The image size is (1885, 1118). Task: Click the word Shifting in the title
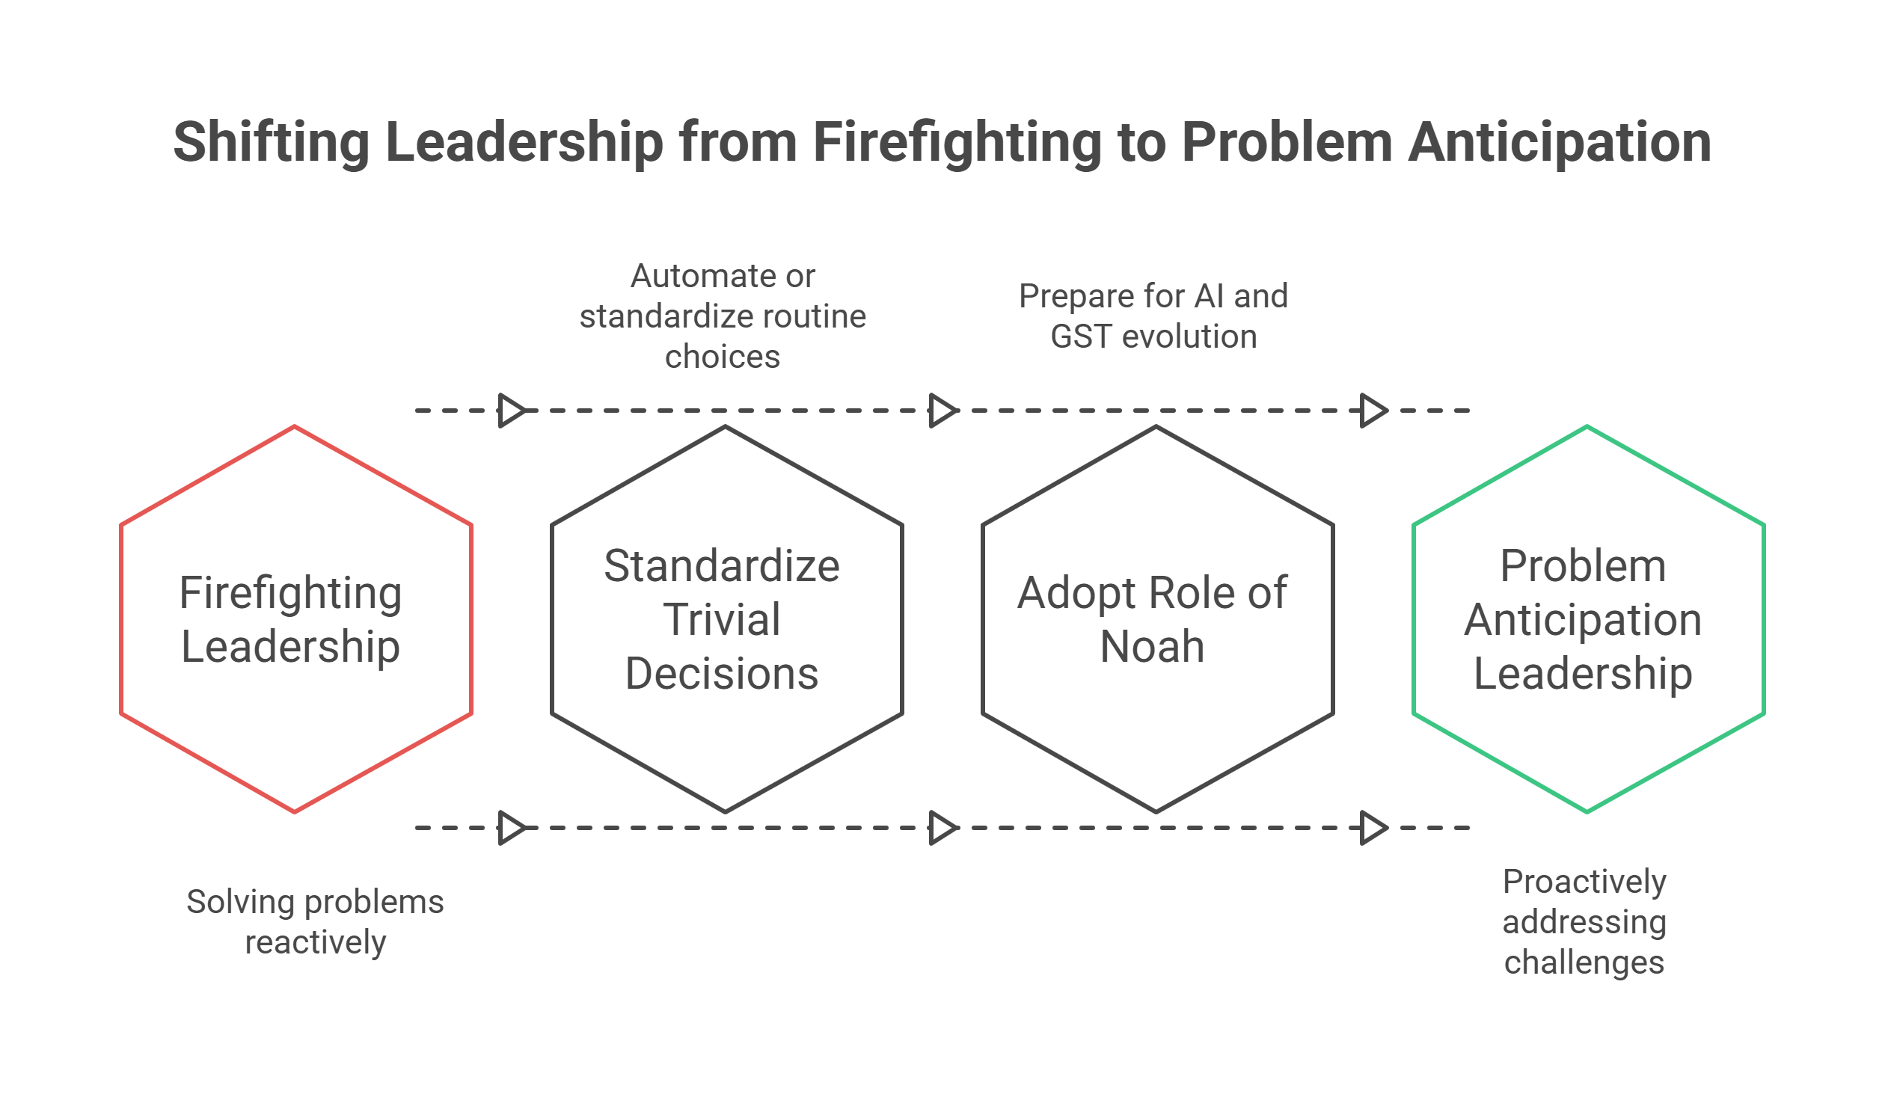pyautogui.click(x=272, y=143)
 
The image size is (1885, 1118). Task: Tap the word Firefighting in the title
pyautogui.click(x=957, y=143)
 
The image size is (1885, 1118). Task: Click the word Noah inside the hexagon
pyautogui.click(x=1152, y=647)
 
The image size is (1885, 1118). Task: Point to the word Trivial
pyautogui.click(x=722, y=620)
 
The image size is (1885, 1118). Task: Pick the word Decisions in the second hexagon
pyautogui.click(x=722, y=674)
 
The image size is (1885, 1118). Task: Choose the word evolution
pyautogui.click(x=1189, y=337)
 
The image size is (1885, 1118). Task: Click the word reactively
pyautogui.click(x=316, y=942)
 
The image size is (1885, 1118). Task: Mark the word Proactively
pyautogui.click(x=1584, y=882)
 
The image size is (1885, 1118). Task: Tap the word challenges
pyautogui.click(x=1584, y=962)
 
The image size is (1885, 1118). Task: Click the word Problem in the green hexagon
pyautogui.click(x=1583, y=567)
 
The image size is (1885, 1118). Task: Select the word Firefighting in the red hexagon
pyautogui.click(x=291, y=593)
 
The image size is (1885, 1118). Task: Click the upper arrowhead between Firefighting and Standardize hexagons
pyautogui.click(x=512, y=411)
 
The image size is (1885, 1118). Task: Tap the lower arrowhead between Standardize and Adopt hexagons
pyautogui.click(x=942, y=828)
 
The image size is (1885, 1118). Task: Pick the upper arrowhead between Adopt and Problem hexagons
pyautogui.click(x=1373, y=411)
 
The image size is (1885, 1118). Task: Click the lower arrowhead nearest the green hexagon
pyautogui.click(x=1373, y=828)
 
